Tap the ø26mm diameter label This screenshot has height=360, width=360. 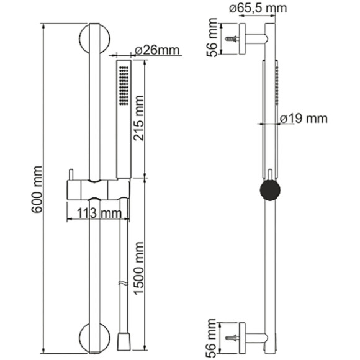click(157, 50)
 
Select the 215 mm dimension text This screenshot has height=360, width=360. click(138, 118)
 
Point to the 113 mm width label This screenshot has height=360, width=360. click(99, 214)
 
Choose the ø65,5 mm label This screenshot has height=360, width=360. click(258, 8)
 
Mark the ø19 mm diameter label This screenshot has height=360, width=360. click(304, 119)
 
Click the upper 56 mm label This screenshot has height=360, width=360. click(212, 37)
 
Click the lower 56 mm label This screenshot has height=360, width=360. click(212, 338)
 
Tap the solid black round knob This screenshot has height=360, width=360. click(270, 190)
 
